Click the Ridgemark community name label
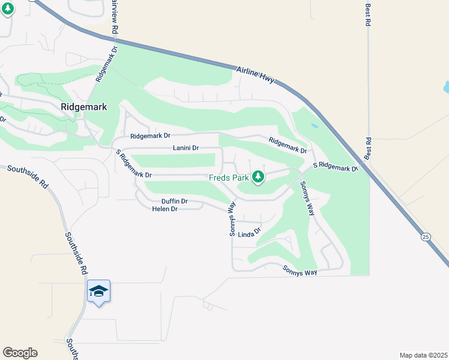click(x=83, y=107)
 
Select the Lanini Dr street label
click(x=185, y=148)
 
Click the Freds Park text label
click(x=228, y=178)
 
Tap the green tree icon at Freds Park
click(x=258, y=177)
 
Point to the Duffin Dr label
click(x=175, y=201)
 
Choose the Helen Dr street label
click(x=165, y=209)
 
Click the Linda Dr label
click(x=250, y=233)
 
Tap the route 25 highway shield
click(x=426, y=237)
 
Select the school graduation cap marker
click(x=98, y=292)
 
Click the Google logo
click(x=20, y=353)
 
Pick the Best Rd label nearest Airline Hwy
click(x=368, y=149)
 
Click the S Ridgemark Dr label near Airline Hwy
click(x=336, y=167)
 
